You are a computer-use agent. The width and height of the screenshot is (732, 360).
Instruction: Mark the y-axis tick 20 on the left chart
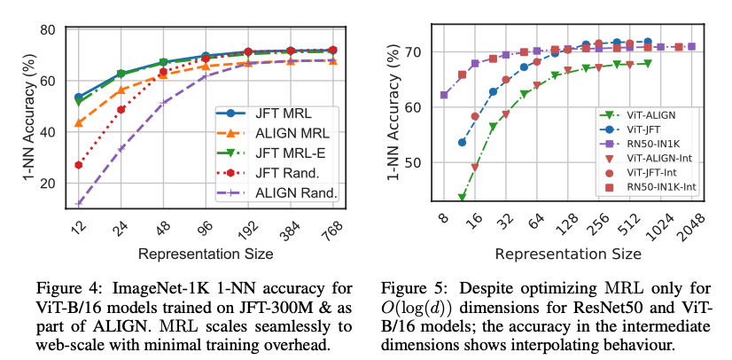pos(45,183)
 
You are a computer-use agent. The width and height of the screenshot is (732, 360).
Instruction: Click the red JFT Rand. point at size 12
pos(78,165)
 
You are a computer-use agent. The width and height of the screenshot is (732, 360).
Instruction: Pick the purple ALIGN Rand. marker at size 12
pos(78,204)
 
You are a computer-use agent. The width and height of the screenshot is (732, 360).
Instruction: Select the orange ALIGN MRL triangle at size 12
pos(78,122)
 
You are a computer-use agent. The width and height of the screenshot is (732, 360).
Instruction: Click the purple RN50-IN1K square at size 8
pos(444,95)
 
